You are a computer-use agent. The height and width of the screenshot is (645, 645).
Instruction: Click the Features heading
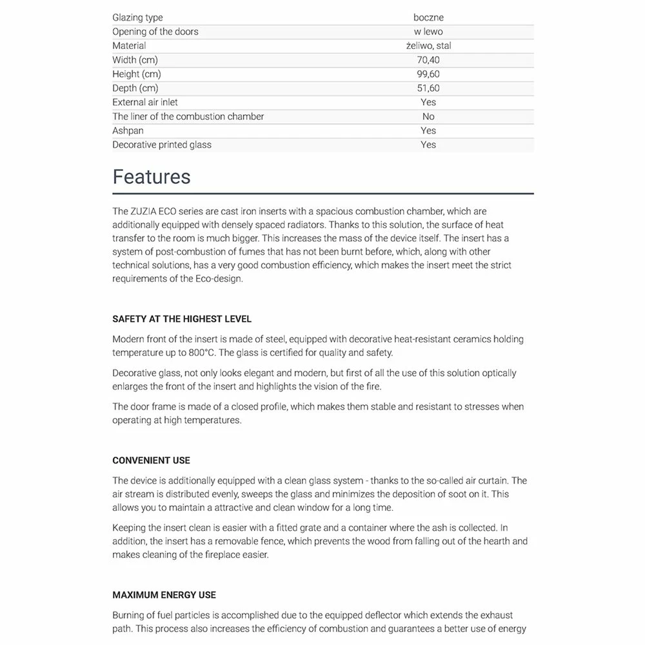coord(152,177)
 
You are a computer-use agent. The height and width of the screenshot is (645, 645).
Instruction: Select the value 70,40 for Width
coord(428,60)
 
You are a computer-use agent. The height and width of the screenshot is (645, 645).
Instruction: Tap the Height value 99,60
coord(428,74)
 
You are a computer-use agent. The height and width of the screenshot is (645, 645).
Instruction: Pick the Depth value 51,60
coord(428,88)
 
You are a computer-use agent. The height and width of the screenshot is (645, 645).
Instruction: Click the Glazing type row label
coord(137,17)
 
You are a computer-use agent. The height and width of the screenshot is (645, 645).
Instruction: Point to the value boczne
coord(428,17)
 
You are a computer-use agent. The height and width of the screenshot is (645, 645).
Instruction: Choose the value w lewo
coord(428,32)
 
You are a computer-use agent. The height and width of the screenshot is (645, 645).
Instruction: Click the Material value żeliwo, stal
coord(428,46)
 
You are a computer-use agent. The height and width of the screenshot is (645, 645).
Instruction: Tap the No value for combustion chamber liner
coord(428,117)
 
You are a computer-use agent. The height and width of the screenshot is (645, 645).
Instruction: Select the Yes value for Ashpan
coord(428,131)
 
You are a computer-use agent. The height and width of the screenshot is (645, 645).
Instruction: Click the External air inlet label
coord(145,103)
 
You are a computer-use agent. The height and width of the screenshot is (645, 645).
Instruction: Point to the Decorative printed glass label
coord(162,145)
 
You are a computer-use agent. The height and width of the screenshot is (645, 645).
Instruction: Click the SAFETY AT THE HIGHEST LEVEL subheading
coord(182,319)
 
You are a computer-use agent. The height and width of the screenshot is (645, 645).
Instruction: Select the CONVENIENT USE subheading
coord(151,461)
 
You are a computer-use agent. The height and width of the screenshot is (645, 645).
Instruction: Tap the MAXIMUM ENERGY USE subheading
coord(164,595)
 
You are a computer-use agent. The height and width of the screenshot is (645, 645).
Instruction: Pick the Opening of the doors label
coord(155,32)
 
